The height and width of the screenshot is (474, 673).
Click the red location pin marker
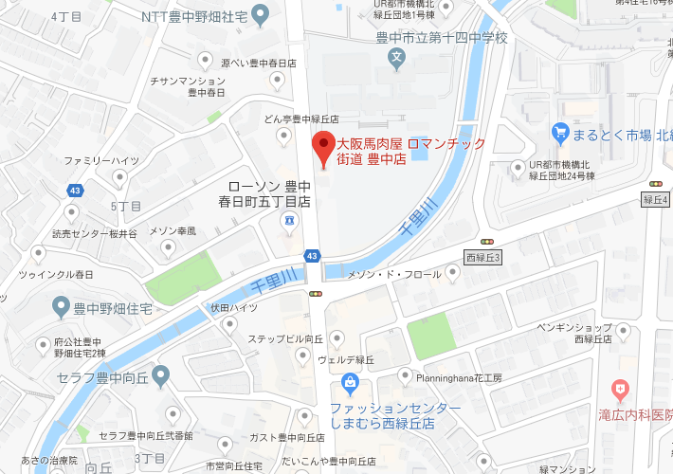(x=324, y=150)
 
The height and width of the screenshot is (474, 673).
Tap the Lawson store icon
(x=286, y=221)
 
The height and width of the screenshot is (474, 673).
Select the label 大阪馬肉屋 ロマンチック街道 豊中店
(x=411, y=152)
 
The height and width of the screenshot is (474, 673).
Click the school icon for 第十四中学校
(x=397, y=59)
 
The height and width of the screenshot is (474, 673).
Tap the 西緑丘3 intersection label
(x=482, y=257)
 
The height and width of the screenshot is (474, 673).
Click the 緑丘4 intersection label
(x=655, y=199)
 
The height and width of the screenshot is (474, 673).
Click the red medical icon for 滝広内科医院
(x=620, y=389)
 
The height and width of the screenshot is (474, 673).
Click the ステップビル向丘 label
(x=285, y=338)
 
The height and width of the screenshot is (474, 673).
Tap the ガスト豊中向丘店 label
(x=280, y=437)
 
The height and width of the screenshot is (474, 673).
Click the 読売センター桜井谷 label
(x=95, y=233)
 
